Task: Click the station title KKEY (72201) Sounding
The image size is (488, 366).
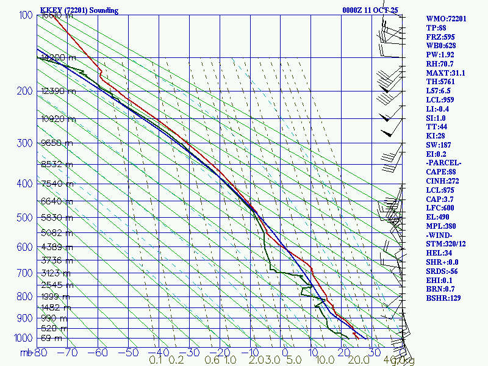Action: click(79, 10)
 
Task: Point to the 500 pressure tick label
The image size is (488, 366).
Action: click(25, 218)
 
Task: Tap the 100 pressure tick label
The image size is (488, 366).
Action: click(25, 15)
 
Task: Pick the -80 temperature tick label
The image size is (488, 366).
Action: click(40, 352)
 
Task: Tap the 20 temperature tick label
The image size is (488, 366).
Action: click(343, 352)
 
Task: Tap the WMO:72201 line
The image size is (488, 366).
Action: click(446, 19)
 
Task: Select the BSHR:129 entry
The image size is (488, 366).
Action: click(443, 298)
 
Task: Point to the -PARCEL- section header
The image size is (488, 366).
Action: click(444, 163)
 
